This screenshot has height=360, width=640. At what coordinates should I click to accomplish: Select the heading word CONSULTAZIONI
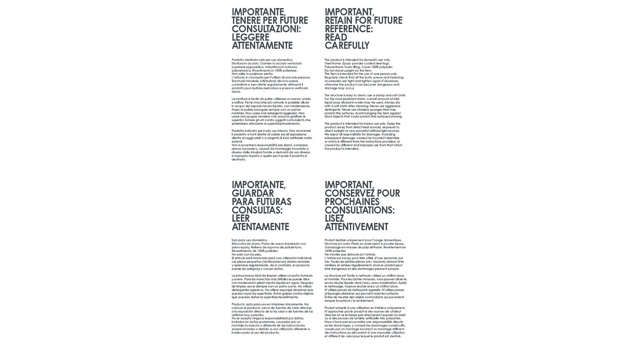266,29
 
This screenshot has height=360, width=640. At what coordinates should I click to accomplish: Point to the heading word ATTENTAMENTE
262,46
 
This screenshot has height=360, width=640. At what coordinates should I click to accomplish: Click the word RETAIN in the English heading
339,20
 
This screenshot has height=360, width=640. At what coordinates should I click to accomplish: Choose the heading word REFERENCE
348,29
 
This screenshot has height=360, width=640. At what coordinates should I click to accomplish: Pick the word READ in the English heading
336,37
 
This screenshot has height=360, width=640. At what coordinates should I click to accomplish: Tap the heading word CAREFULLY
347,46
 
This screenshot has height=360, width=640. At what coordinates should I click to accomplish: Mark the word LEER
241,219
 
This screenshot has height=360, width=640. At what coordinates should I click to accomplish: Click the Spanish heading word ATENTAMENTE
260,227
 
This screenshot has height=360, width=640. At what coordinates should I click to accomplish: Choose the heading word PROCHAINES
352,202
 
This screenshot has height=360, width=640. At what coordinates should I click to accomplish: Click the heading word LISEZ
334,219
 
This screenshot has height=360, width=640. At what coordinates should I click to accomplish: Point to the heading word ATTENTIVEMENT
356,227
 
